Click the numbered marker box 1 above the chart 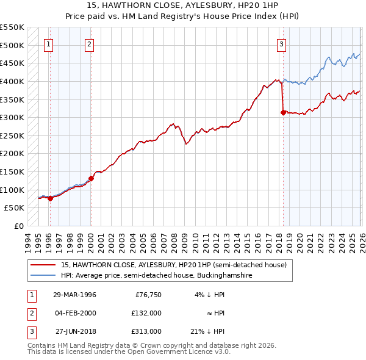(48, 43)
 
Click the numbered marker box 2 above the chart (89, 43)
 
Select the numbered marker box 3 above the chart (281, 43)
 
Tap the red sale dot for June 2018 (283, 112)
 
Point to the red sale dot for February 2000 (91, 178)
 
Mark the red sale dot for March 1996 (50, 198)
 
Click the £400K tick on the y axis (12, 81)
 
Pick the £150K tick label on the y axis (12, 171)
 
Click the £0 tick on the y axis (18, 226)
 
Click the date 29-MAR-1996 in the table (74, 294)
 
